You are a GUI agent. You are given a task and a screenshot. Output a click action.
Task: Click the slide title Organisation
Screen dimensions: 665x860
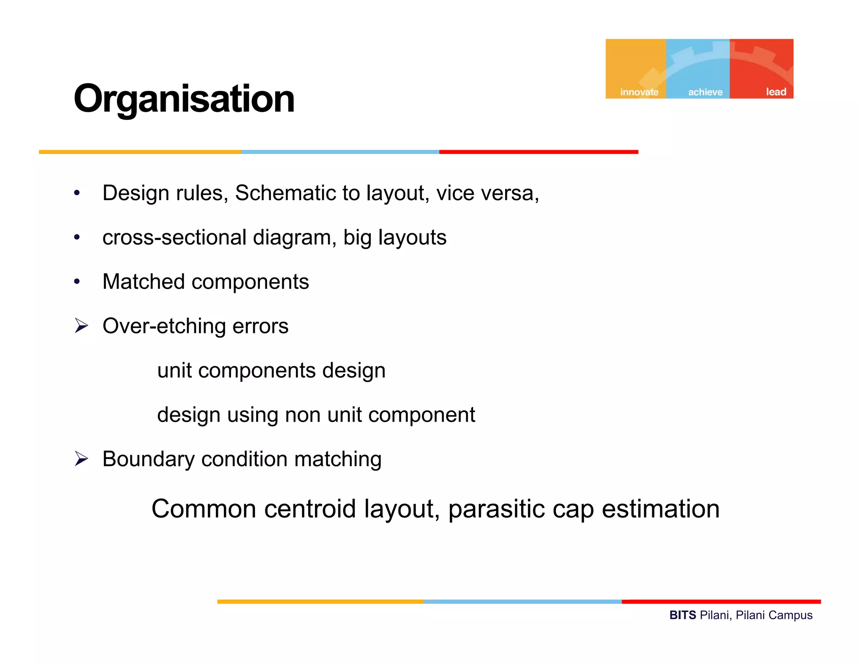pos(184,99)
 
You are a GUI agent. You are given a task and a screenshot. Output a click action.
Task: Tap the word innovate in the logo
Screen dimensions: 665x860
pos(639,92)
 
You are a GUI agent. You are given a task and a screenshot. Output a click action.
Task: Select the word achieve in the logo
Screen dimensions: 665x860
pos(705,92)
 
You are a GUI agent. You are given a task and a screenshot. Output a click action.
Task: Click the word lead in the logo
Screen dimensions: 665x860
pos(776,92)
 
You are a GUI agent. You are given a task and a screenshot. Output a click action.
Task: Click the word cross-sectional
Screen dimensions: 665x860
pos(174,237)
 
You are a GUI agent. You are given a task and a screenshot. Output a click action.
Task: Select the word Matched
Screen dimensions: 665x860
pos(143,282)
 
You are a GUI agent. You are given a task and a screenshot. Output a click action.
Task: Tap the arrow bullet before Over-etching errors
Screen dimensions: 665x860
pos(81,326)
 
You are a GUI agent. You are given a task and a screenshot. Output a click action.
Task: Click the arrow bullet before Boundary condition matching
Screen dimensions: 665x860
pos(81,459)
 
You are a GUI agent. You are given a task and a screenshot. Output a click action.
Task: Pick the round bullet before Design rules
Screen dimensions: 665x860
pos(76,193)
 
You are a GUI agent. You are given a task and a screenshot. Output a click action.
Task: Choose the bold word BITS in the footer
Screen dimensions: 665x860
pos(682,615)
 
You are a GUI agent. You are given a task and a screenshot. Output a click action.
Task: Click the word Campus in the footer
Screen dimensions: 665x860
pos(792,616)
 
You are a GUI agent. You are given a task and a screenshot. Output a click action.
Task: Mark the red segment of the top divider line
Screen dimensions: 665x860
pos(538,152)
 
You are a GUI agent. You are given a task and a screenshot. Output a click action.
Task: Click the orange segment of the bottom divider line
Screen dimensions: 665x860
pos(320,602)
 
